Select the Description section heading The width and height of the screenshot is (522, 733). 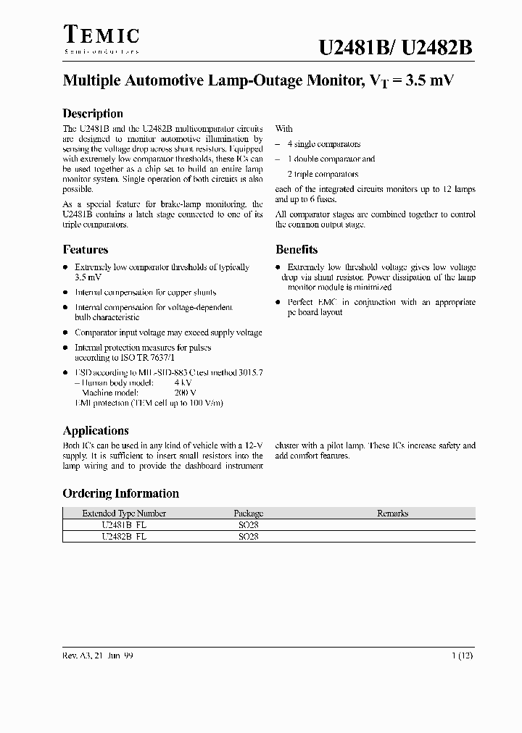[x=93, y=114]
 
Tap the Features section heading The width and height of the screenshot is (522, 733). [x=86, y=250]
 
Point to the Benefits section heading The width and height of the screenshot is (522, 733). [x=297, y=250]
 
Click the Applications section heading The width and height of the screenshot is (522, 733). [x=96, y=430]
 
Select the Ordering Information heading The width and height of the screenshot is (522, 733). [x=121, y=493]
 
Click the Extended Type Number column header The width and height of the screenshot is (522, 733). [x=124, y=514]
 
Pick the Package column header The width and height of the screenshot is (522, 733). [x=248, y=514]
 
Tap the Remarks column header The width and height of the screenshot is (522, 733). [x=392, y=514]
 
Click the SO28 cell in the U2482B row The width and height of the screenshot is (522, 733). [x=248, y=537]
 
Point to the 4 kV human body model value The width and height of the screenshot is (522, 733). [x=183, y=382]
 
